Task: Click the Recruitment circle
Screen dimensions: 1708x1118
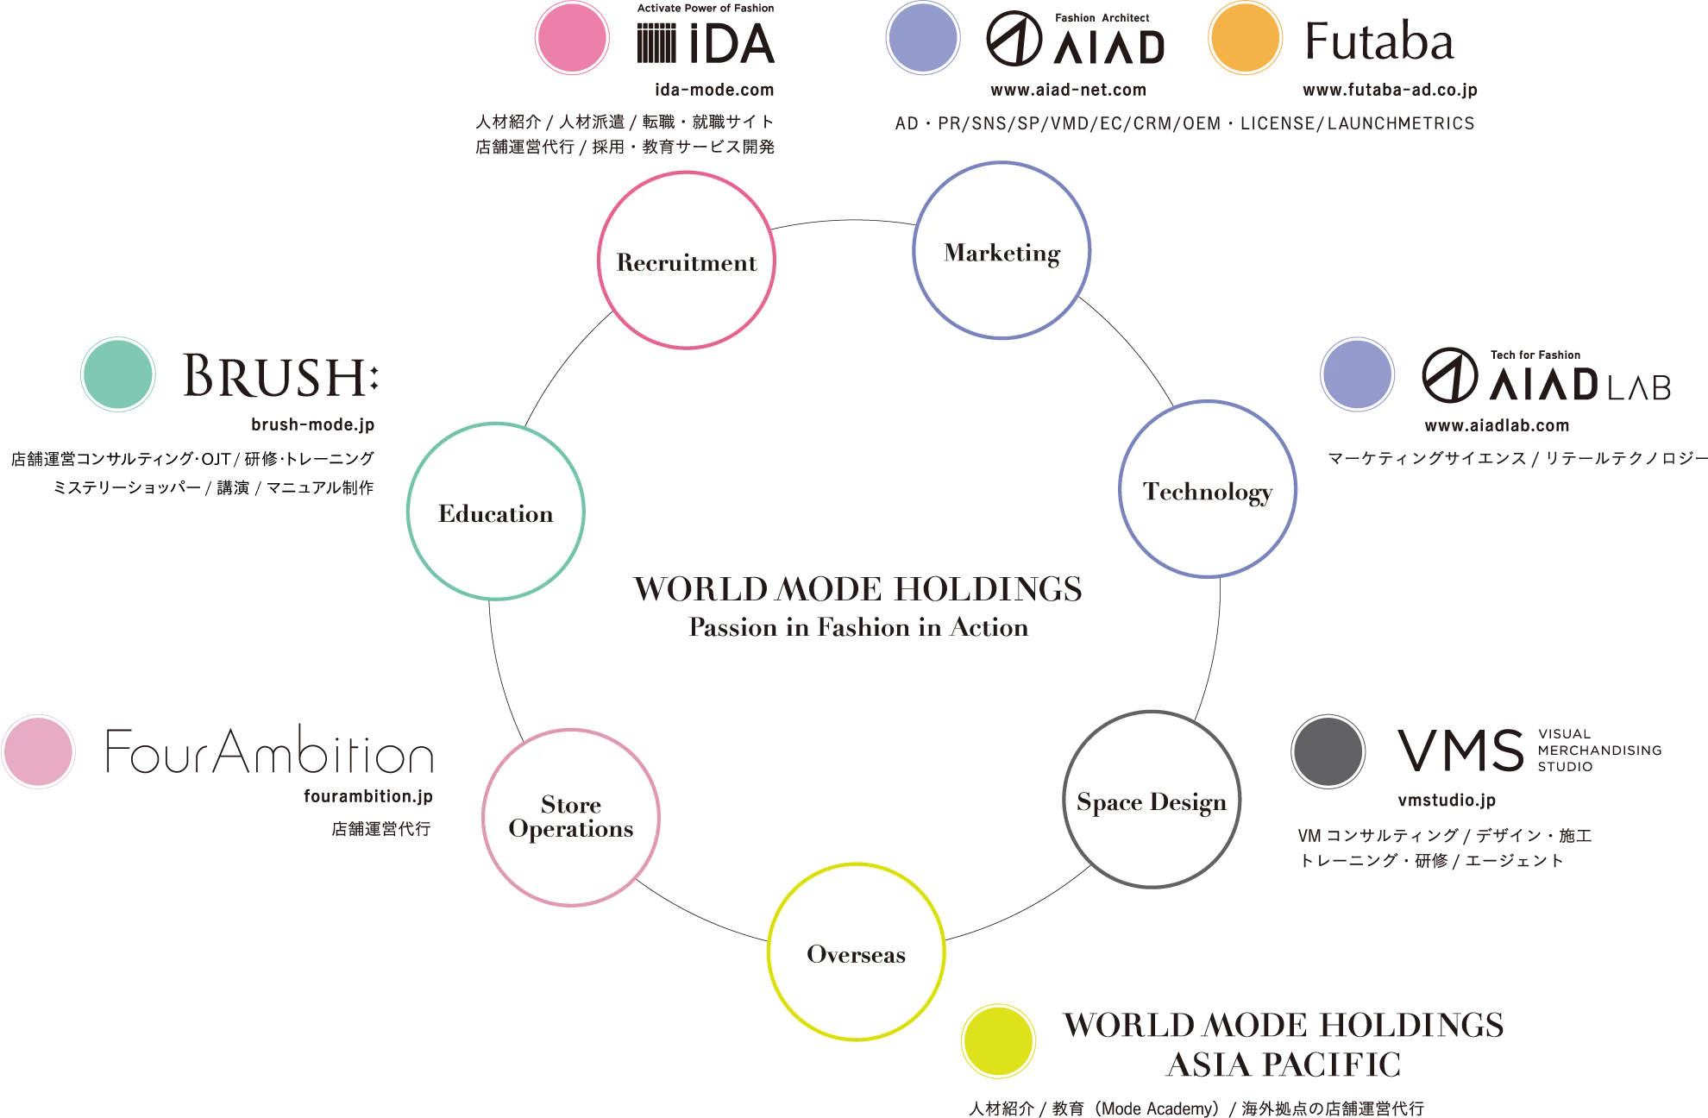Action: [686, 261]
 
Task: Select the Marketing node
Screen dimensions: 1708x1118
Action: [1002, 250]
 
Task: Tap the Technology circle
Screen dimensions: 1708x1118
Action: [1208, 489]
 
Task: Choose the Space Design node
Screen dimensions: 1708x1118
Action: [1152, 801]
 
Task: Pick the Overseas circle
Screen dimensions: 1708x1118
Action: [856, 952]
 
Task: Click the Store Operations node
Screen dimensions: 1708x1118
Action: [570, 817]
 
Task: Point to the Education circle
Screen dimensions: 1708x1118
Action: [496, 512]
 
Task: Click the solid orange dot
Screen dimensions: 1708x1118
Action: [1245, 39]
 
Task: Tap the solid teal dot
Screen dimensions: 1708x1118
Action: [117, 373]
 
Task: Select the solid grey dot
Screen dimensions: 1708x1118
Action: [1328, 751]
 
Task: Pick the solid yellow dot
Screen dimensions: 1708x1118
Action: [998, 1040]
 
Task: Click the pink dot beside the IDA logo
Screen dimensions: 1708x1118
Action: [572, 39]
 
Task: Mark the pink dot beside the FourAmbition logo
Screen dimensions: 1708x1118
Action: [38, 751]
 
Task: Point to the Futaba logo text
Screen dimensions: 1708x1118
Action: [1378, 41]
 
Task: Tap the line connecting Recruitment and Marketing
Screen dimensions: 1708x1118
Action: [845, 221]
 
